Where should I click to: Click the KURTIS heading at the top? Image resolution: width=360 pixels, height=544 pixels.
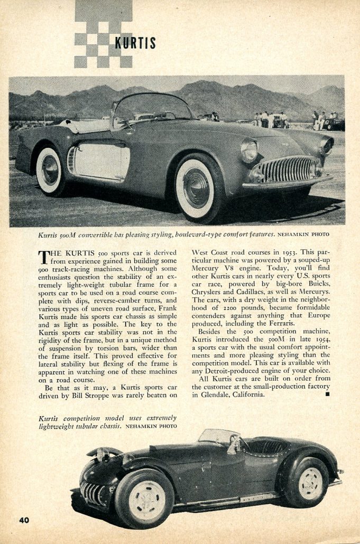click(x=135, y=43)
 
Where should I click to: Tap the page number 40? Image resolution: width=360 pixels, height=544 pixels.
click(x=24, y=520)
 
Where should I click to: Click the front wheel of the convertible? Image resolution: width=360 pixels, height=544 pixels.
click(x=196, y=187)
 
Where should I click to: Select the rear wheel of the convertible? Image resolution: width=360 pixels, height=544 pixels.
click(x=50, y=171)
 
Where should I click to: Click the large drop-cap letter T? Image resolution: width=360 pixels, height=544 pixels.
click(x=44, y=257)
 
